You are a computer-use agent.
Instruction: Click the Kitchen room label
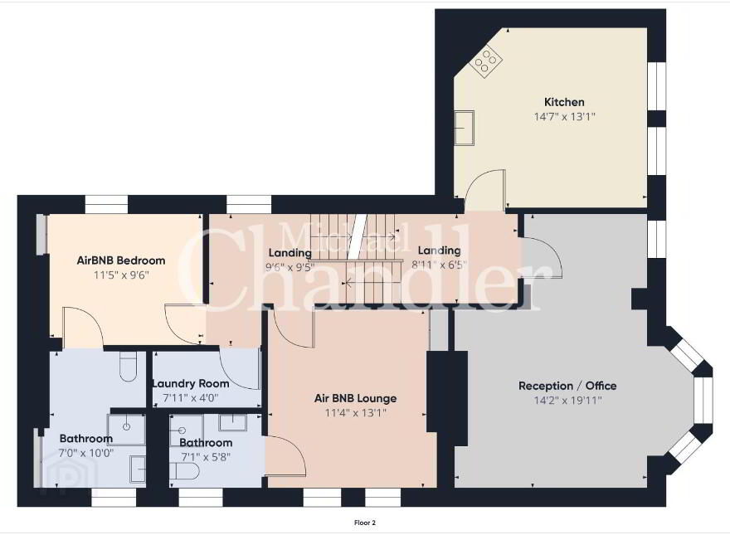pyautogui.click(x=564, y=102)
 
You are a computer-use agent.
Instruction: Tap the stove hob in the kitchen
pyautogui.click(x=485, y=61)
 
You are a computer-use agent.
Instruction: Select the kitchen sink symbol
pyautogui.click(x=465, y=128)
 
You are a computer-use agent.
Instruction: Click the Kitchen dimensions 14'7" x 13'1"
pyautogui.click(x=564, y=116)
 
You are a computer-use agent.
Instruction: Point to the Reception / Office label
pyautogui.click(x=567, y=386)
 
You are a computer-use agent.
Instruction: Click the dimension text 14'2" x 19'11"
pyautogui.click(x=567, y=400)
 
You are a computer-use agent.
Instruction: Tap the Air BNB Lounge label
pyautogui.click(x=355, y=398)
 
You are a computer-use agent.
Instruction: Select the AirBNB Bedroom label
pyautogui.click(x=121, y=260)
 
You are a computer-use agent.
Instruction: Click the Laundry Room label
pyautogui.click(x=191, y=384)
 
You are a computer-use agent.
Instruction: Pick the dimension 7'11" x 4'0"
pyautogui.click(x=191, y=398)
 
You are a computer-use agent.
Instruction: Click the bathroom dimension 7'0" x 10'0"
pyautogui.click(x=86, y=453)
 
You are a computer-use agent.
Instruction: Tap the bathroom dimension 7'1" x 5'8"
pyautogui.click(x=206, y=457)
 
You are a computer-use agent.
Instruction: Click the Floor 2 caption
pyautogui.click(x=364, y=523)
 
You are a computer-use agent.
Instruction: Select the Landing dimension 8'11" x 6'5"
pyautogui.click(x=439, y=265)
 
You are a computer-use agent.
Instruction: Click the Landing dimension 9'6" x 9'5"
pyautogui.click(x=290, y=267)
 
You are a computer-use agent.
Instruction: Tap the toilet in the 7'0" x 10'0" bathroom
pyautogui.click(x=128, y=366)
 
